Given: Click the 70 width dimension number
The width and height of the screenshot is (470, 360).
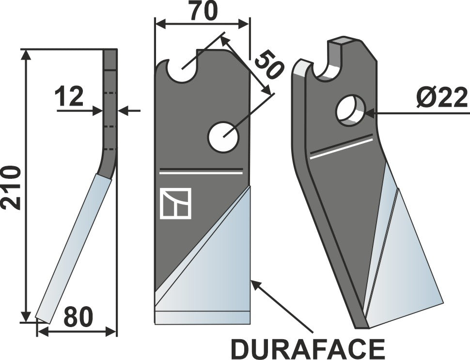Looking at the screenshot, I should coord(203,12).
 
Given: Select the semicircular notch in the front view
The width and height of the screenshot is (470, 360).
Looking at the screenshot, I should coord(182,71).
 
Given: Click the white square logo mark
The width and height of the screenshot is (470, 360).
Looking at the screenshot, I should coord(176,203).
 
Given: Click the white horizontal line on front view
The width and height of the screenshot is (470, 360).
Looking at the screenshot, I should coord(201,171).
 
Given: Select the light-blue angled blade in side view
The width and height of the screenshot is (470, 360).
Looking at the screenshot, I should coord(75,247).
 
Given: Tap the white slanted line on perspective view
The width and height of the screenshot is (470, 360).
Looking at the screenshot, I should coord(342,148).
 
